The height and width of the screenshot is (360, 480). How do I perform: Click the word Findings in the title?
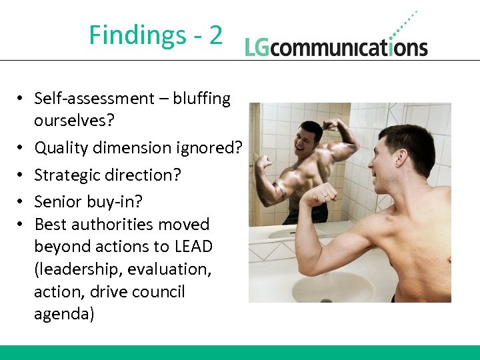point(135,35)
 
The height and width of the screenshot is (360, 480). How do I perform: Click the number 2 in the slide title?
point(215,35)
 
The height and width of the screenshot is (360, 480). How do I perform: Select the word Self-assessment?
point(94,99)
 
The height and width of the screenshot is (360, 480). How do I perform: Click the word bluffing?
point(201,99)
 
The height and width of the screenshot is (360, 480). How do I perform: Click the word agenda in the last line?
point(63,315)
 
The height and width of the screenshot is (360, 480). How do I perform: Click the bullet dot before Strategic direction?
point(21,175)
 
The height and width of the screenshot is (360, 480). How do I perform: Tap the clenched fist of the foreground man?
point(319,194)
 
